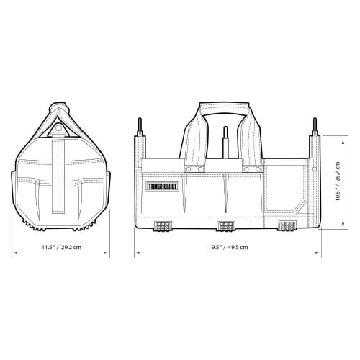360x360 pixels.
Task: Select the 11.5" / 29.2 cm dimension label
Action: pos(61,246)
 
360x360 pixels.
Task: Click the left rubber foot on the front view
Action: pos(163,226)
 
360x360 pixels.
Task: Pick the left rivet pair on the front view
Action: pos(192,169)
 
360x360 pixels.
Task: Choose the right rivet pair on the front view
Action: pos(251,169)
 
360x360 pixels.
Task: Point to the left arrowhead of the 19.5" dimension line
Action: pos(138,253)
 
